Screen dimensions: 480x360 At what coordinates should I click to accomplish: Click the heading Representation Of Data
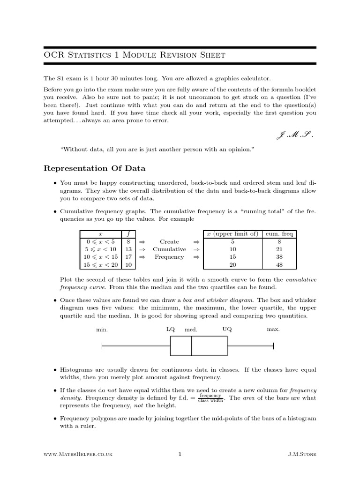94,168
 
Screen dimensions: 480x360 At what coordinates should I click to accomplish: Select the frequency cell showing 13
128,249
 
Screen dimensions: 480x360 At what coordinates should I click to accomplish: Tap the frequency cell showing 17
128,257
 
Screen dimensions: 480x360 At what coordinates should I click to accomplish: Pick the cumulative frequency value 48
279,265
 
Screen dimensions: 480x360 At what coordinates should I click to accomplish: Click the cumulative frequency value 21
279,249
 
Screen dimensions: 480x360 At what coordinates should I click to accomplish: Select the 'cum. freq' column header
279,234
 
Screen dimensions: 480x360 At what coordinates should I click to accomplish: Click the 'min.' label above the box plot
102,330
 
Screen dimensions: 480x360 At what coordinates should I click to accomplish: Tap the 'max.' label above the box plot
273,330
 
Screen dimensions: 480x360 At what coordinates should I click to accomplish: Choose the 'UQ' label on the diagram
227,329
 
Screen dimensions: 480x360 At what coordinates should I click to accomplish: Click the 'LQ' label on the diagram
171,329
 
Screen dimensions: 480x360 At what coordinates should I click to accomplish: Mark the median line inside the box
191,346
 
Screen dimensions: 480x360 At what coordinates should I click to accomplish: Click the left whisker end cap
102,346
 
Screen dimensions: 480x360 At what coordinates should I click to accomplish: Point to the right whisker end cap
273,346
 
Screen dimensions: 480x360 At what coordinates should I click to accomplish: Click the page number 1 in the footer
180,454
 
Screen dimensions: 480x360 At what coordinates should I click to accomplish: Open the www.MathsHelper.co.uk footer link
77,454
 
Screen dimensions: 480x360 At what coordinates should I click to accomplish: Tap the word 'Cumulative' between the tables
169,249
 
